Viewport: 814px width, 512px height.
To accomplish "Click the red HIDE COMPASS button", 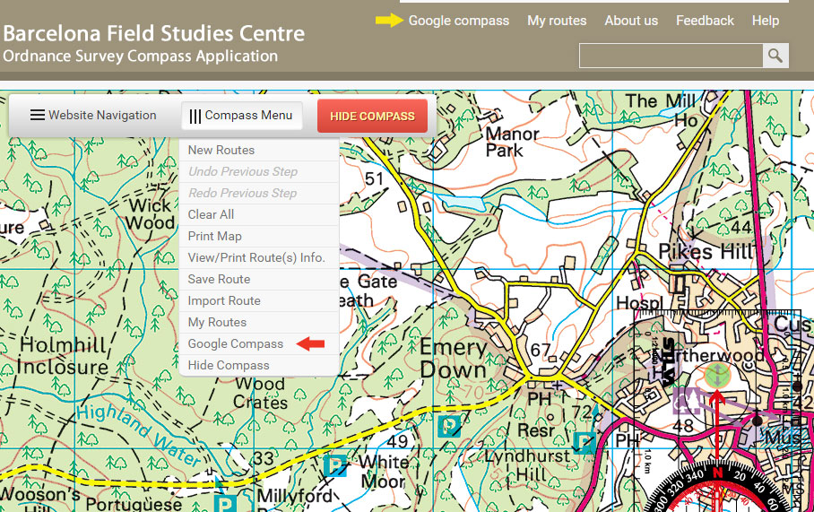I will pos(372,116).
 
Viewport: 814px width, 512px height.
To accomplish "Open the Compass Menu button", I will pos(241,116).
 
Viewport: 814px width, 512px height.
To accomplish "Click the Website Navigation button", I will pos(93,116).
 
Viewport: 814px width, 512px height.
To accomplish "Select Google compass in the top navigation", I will pos(458,21).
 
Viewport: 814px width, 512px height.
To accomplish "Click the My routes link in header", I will pos(557,21).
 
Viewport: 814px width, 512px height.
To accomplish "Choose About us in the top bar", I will pos(631,21).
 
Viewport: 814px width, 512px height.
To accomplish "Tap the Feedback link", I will pos(705,21).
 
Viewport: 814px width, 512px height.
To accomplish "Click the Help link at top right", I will pos(765,21).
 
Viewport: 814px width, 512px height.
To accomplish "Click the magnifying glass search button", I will pos(775,56).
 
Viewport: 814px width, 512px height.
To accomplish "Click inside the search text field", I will pos(671,56).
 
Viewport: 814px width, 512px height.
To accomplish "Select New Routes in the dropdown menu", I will pos(221,150).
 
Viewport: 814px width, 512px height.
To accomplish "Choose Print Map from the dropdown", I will pos(215,236).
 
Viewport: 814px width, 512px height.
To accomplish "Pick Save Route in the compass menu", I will pos(219,279).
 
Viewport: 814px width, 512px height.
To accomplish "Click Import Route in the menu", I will pos(224,300).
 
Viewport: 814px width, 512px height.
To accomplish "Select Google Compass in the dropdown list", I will pos(236,343).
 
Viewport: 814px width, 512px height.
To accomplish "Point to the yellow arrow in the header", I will pos(389,21).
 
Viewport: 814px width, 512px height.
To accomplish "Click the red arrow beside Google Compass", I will pos(310,343).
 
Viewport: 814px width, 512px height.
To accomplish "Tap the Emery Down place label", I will pos(453,359).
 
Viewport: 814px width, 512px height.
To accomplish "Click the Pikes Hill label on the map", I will pos(706,251).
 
